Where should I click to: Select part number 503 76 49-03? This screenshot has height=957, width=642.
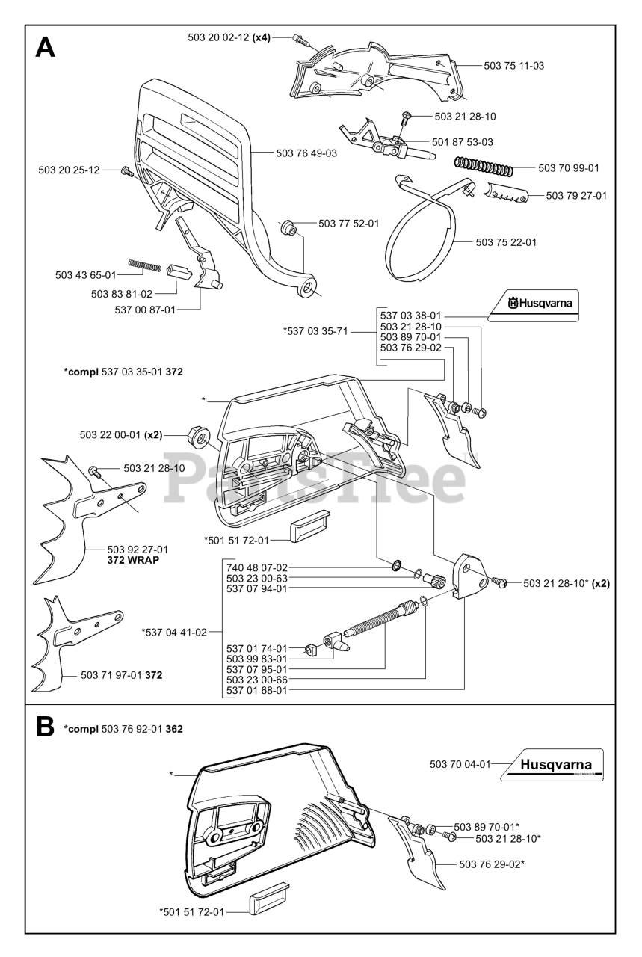[306, 153]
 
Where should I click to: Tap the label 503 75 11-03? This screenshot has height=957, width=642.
[513, 66]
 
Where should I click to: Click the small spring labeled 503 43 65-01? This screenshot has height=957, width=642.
[146, 263]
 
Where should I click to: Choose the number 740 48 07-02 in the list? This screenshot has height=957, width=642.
[256, 567]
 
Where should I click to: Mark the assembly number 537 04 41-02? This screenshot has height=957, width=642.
[174, 632]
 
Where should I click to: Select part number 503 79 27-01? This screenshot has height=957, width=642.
[576, 196]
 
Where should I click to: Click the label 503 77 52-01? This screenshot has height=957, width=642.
[349, 223]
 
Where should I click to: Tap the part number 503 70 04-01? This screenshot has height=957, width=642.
[460, 764]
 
